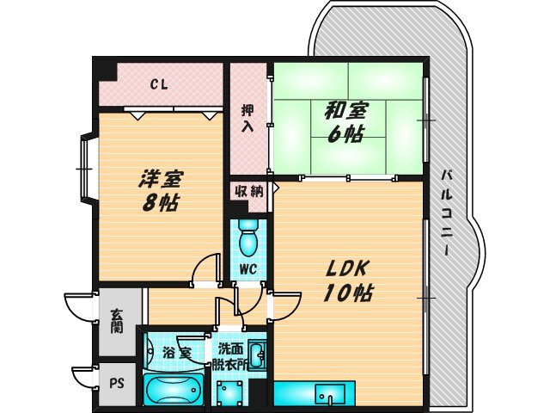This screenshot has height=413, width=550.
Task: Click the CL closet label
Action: coord(158,84)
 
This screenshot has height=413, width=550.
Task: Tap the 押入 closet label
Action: coord(247,117)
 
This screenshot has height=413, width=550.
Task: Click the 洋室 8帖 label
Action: coord(161,191)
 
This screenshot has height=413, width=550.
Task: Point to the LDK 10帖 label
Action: coord(347,279)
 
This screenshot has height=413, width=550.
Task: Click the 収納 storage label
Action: coord(249,190)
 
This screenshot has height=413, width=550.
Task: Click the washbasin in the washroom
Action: coord(259,354)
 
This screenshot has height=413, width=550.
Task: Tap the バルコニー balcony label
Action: coord(448,211)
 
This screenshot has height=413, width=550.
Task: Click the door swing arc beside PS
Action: coord(84,376)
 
